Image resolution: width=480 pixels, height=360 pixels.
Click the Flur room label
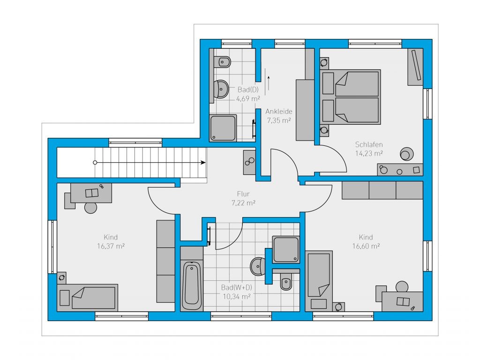click(243, 194)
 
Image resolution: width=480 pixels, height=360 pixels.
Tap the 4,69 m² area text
click(248, 99)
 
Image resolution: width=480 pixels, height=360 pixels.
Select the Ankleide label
click(278, 112)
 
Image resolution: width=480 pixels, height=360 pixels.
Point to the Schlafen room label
click(369, 144)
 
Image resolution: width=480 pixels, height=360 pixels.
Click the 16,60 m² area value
click(366, 246)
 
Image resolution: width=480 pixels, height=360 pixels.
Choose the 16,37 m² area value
click(111, 246)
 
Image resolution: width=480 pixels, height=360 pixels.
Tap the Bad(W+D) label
click(237, 287)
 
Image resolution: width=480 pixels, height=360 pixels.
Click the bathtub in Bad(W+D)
click(192, 285)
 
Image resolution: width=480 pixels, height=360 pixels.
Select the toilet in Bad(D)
click(223, 62)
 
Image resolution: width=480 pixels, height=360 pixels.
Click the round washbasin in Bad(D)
click(221, 89)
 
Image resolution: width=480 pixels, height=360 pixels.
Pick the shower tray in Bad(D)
click(223, 128)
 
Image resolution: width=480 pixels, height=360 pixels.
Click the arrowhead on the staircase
click(203, 163)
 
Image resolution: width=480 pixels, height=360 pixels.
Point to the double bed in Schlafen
click(350, 97)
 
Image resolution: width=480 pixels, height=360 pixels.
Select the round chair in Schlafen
click(406, 154)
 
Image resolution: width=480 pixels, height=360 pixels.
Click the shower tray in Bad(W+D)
click(286, 249)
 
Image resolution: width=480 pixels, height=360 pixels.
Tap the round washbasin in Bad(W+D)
click(258, 266)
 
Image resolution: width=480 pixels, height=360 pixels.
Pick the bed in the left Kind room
click(88, 298)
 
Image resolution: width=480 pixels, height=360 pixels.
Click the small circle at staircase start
click(95, 163)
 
